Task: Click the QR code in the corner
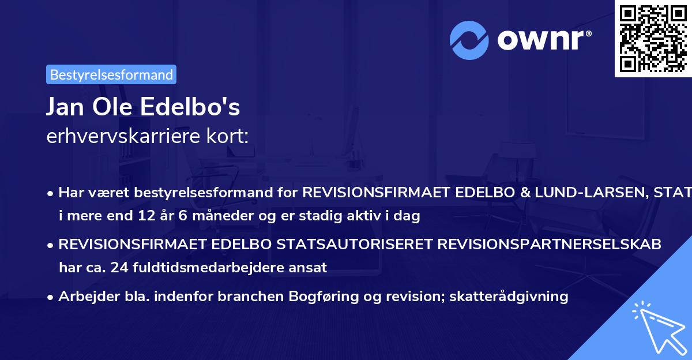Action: point(653,38)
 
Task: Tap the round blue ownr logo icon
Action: point(469,40)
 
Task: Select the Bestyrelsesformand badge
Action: point(111,74)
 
